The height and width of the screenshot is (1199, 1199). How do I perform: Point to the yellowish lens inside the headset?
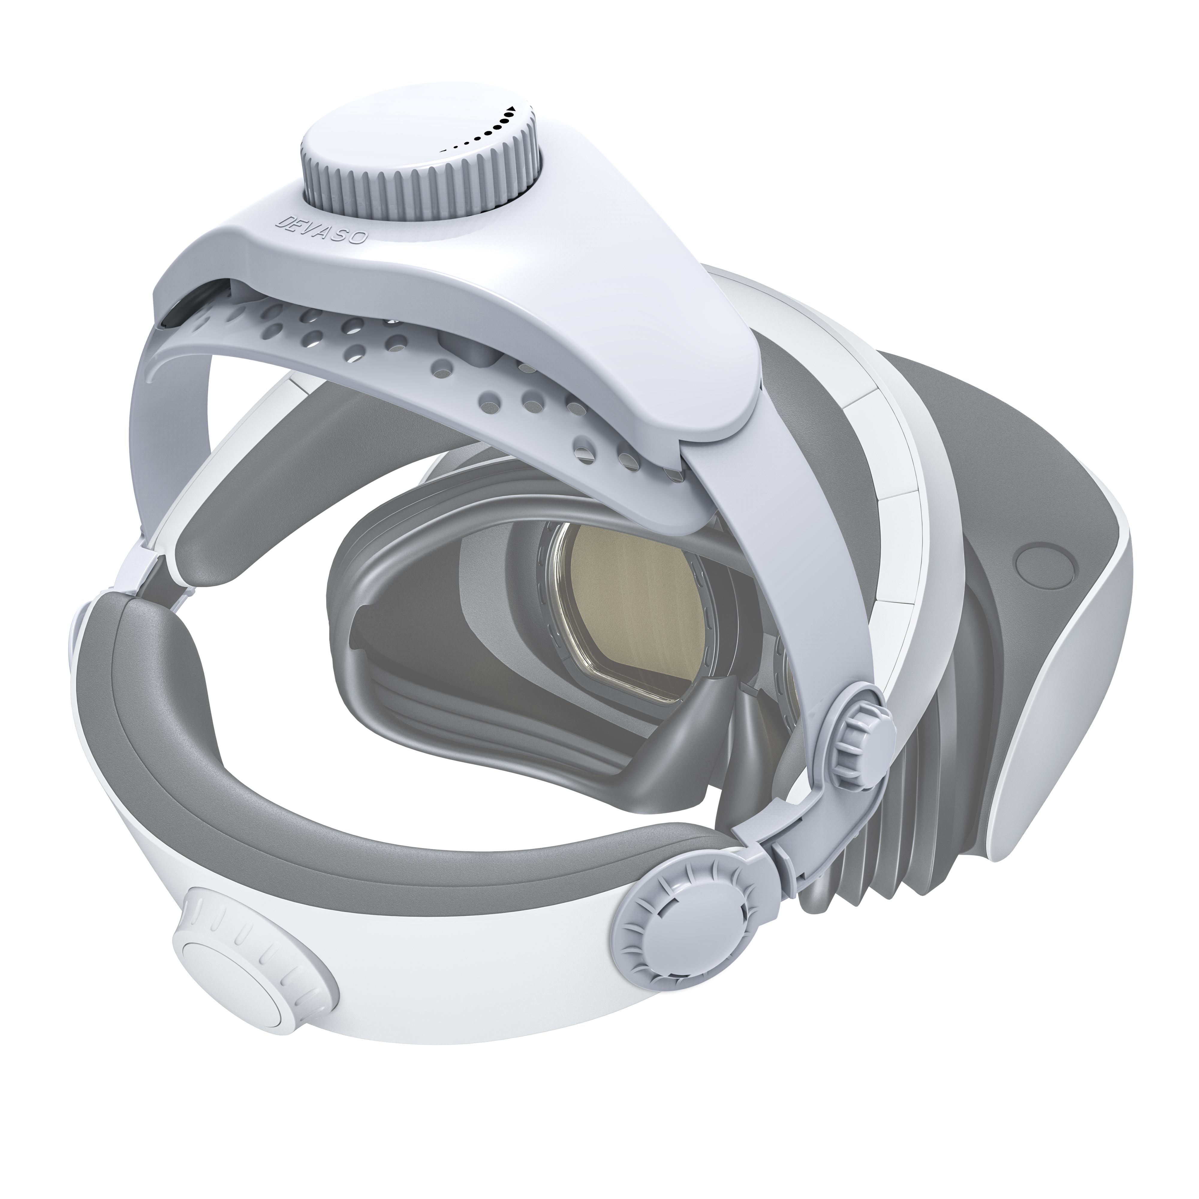(633, 590)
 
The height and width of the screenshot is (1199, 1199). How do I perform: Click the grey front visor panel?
(993, 434)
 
